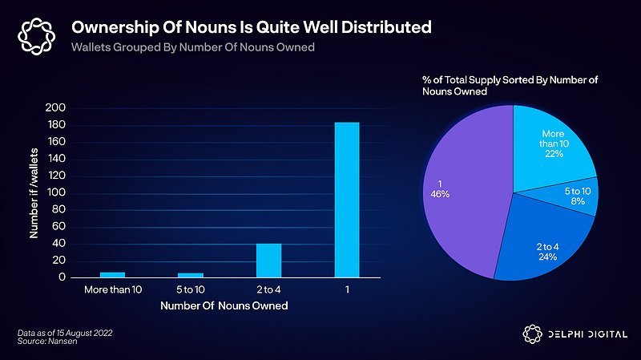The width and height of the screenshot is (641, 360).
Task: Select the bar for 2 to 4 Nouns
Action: (x=268, y=260)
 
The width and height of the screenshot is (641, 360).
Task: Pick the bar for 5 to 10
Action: (x=190, y=275)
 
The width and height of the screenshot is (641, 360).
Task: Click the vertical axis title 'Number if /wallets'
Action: (x=34, y=193)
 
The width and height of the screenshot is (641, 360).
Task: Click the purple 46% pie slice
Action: (x=465, y=192)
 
